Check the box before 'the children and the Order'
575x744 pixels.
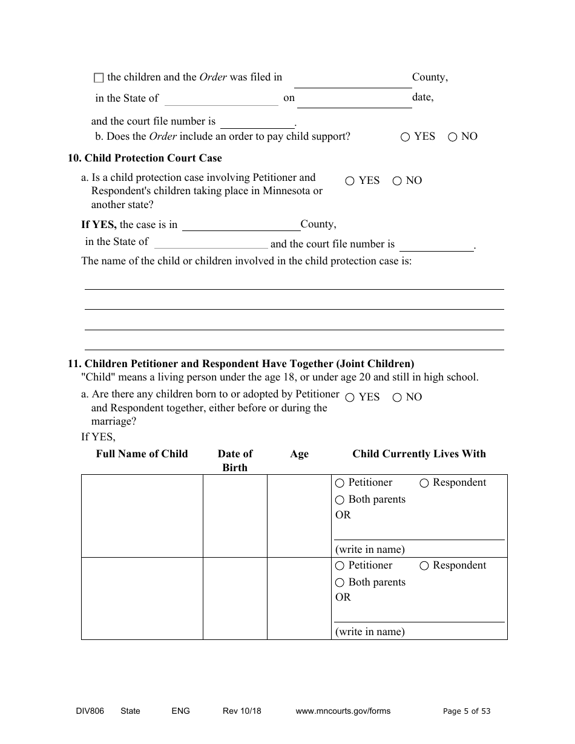point(99,78)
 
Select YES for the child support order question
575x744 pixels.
point(405,137)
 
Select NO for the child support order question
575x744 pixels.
point(452,137)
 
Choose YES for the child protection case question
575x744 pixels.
point(350,181)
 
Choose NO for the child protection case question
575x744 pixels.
point(397,181)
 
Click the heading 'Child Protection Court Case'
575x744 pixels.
point(153,158)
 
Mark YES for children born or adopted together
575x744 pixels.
point(350,397)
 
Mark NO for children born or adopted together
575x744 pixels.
point(397,397)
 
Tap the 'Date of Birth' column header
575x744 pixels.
point(235,460)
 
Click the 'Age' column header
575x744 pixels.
point(299,454)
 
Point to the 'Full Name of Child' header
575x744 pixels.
point(142,454)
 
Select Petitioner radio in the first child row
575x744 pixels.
point(340,483)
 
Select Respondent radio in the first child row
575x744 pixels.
point(424,483)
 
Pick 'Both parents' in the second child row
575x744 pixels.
point(340,582)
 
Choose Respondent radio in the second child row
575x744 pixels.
point(424,566)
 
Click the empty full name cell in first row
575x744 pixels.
point(142,515)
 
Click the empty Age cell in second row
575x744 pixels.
point(299,598)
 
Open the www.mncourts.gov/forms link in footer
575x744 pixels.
point(343,711)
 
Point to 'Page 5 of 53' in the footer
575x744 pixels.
point(467,711)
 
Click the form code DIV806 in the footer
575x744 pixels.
point(85,711)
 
